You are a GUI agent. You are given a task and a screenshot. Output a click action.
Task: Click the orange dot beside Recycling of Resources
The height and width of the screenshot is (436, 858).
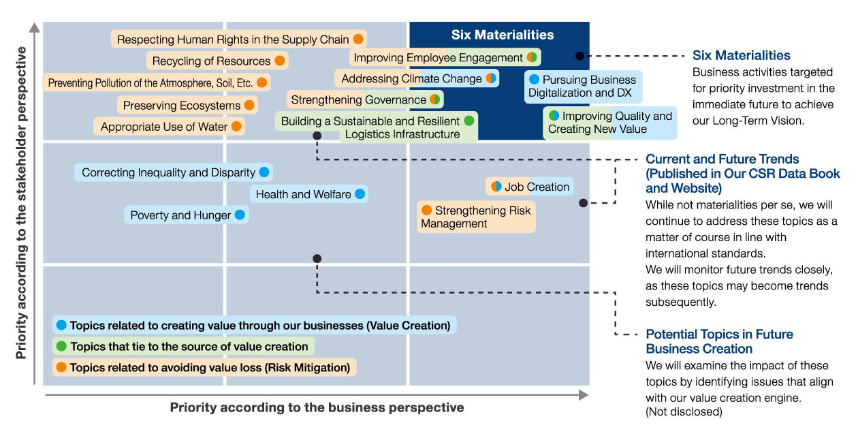[280, 61]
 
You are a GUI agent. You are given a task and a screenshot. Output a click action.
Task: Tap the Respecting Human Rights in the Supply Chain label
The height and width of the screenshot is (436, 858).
[239, 39]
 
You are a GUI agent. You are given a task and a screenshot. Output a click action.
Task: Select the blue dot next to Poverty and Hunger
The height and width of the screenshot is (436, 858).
[240, 215]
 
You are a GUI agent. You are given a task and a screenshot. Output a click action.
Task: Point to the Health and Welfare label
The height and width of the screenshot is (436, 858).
[309, 194]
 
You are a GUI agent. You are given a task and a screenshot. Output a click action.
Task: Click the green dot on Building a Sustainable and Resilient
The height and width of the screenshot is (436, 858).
[469, 121]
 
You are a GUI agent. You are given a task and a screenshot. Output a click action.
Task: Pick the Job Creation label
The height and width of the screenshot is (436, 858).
[530, 187]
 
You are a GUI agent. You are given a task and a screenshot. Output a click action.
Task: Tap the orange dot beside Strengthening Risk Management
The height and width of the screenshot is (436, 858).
[427, 210]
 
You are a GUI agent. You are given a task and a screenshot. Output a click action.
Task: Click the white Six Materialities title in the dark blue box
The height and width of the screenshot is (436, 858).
[502, 35]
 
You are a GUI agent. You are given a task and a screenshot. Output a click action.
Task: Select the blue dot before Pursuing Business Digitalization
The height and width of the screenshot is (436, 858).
[534, 79]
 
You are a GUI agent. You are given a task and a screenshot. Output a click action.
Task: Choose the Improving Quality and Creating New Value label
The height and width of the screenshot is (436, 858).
[610, 123]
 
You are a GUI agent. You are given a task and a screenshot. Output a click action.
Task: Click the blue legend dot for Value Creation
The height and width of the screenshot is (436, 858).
[61, 325]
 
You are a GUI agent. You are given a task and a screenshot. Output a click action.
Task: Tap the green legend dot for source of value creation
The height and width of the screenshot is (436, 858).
[61, 346]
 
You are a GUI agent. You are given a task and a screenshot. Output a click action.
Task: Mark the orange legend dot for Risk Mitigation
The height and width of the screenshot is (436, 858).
[61, 367]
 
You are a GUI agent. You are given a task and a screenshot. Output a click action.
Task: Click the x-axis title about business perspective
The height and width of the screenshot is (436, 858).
[317, 407]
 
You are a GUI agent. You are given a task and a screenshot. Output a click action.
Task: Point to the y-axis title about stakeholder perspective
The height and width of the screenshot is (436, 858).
[22, 203]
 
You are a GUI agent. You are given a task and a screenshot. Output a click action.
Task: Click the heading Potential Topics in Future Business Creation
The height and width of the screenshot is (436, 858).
[719, 341]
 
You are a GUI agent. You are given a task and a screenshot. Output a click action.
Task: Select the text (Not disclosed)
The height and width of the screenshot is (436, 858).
[684, 411]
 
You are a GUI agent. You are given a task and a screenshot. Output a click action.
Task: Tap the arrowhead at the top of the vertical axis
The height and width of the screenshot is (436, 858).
[35, 27]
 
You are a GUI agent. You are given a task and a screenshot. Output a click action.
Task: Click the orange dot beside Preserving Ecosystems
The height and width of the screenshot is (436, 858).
[249, 105]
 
